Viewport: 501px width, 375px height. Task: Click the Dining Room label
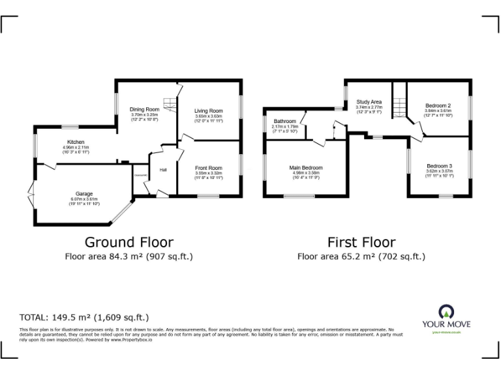coord(144,109)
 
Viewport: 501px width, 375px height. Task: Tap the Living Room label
coord(208,111)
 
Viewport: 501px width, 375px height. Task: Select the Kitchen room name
coord(76,142)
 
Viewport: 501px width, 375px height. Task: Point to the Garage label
coord(83,193)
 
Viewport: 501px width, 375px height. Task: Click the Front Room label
coord(208,168)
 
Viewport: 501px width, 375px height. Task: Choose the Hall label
coord(163,171)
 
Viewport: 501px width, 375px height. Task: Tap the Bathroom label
coord(284,121)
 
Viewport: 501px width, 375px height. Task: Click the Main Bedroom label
coord(306,167)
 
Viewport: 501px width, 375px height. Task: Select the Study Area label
coord(369,102)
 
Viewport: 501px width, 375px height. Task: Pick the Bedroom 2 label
coord(438,105)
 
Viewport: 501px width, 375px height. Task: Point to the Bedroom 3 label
coord(439,165)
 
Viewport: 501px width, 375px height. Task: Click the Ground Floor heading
coord(128,242)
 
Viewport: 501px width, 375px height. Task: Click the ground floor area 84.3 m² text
coord(128,257)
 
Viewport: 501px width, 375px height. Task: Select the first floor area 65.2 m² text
coord(361,257)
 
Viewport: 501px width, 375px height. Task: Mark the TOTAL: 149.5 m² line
coord(84,318)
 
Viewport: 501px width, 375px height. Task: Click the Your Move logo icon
coord(446,311)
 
